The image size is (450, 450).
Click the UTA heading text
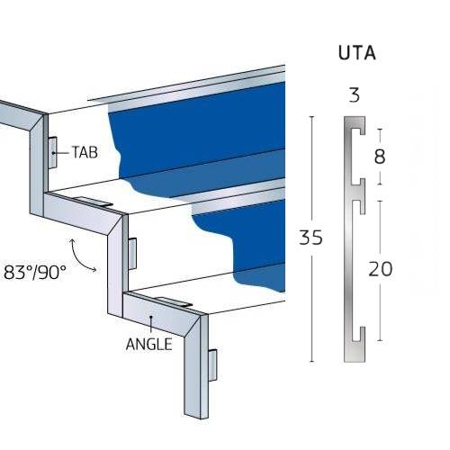(356, 53)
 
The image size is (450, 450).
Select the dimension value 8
(379, 157)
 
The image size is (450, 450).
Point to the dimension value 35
(310, 238)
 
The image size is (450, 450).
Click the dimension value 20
(380, 268)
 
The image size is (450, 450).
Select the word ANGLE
(148, 344)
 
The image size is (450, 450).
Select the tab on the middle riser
(133, 252)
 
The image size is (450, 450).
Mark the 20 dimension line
(379, 306)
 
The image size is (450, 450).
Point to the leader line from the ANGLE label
(152, 327)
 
